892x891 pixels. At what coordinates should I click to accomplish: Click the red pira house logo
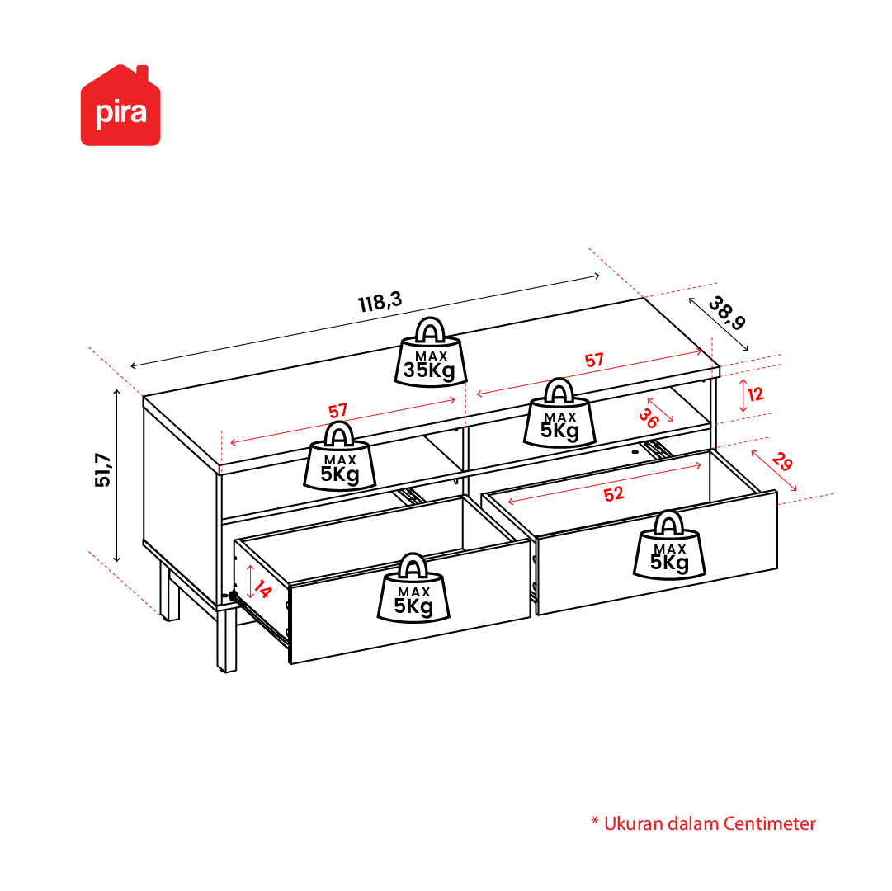[x=120, y=106]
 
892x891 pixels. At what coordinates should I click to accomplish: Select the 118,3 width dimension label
[x=380, y=301]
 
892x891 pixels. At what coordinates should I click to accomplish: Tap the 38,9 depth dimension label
[x=727, y=313]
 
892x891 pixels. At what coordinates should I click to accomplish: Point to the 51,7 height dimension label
[x=103, y=469]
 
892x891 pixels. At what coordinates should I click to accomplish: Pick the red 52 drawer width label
[x=614, y=494]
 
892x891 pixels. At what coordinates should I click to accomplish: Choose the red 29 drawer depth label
[x=782, y=462]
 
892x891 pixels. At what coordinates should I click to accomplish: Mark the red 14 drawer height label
[x=263, y=589]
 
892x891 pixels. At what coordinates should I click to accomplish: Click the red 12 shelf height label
[x=756, y=394]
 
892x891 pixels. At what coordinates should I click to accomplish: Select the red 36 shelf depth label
[x=649, y=418]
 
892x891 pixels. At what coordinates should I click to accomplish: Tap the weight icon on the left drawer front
[x=413, y=587]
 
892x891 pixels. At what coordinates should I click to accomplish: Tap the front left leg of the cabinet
[x=227, y=639]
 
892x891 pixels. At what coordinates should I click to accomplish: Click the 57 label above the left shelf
[x=338, y=411]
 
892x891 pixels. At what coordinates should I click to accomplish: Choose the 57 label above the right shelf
[x=594, y=361]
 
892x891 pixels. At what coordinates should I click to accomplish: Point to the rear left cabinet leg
[x=169, y=592]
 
